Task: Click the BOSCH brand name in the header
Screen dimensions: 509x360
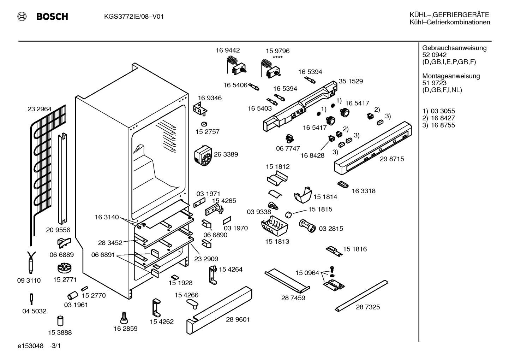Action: (52, 17)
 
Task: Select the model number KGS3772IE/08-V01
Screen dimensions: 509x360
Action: (134, 17)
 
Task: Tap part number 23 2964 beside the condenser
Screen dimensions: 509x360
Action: (40, 109)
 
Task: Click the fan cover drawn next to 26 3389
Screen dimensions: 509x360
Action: (203, 155)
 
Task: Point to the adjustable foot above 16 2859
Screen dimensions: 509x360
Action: (124, 318)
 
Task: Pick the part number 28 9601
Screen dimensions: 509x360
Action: (238, 319)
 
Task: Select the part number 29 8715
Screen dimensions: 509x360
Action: (392, 159)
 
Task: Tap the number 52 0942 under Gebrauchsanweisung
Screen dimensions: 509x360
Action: (434, 55)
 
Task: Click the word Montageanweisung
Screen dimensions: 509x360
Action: (451, 76)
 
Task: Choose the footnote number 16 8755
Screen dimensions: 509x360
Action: (443, 125)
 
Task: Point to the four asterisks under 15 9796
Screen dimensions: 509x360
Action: (277, 57)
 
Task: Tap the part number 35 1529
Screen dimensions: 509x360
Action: (351, 81)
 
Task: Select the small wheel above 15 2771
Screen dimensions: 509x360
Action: (65, 268)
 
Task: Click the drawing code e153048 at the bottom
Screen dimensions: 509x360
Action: (30, 346)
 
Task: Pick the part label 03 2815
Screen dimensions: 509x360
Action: (331, 229)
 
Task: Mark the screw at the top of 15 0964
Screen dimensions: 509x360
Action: (333, 270)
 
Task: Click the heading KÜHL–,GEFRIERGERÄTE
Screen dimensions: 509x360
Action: (449, 15)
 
